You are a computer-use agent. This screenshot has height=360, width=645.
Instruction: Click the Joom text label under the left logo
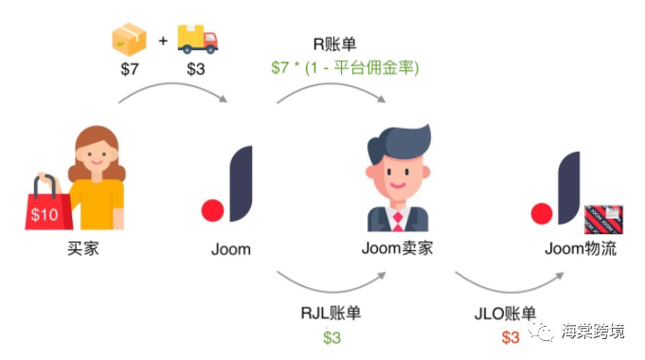coord(231,249)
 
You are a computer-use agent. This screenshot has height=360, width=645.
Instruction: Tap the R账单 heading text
coord(335,44)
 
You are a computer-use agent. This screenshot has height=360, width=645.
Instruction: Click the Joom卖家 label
coord(398,249)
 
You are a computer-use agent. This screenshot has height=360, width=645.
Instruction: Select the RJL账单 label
coord(331,314)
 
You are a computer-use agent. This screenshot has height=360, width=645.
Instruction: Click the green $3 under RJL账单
coord(331,336)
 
